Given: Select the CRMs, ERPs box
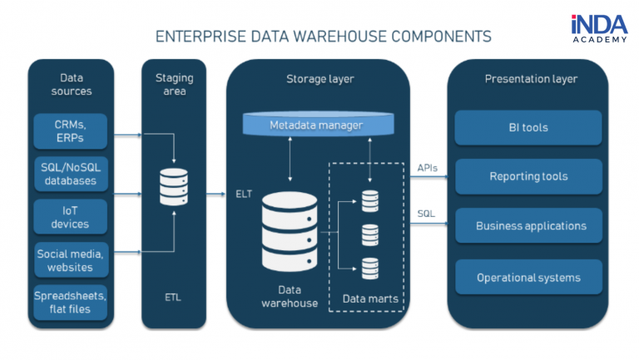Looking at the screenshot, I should pyautogui.click(x=70, y=131).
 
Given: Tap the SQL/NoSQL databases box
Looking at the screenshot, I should pyautogui.click(x=70, y=174).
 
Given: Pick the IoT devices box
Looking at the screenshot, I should pyautogui.click(x=70, y=217).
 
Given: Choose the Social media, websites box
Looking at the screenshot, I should pyautogui.click(x=70, y=260).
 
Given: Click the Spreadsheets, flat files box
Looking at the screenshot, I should pyautogui.click(x=70, y=303).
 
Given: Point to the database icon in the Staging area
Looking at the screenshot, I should pyautogui.click(x=174, y=187).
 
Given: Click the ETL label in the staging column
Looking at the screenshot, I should pyautogui.click(x=174, y=296).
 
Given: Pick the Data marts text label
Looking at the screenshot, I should pyautogui.click(x=369, y=297).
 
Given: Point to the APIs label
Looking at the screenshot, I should pyautogui.click(x=428, y=167).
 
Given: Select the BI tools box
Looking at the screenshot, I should pyautogui.click(x=528, y=128).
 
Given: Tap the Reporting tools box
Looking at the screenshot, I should pyautogui.click(x=528, y=176).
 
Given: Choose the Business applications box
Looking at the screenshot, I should pyautogui.click(x=528, y=226).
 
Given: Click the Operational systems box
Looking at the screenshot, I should pyautogui.click(x=528, y=277).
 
